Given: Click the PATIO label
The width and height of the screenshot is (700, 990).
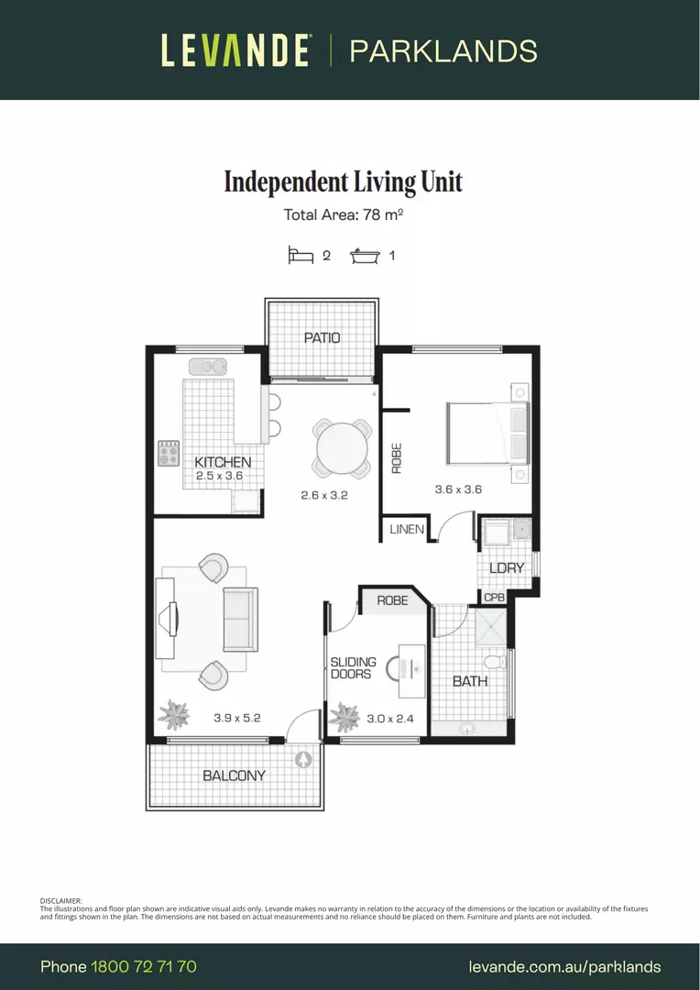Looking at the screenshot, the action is [322, 337].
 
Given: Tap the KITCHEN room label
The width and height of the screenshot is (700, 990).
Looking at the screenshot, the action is [223, 462].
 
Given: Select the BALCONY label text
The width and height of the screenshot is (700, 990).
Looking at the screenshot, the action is [235, 775].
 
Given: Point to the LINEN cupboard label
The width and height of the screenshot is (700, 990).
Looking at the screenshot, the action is [407, 529].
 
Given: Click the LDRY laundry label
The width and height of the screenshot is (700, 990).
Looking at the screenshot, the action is [507, 567].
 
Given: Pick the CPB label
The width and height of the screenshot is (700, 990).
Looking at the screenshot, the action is [494, 598].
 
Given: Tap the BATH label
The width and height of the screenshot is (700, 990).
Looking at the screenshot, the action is [470, 681].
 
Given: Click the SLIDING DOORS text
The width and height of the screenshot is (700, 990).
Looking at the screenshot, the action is [353, 668].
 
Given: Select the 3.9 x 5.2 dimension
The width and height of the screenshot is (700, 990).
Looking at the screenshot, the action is [236, 718].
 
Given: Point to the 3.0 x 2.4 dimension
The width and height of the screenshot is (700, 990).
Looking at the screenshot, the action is [390, 719].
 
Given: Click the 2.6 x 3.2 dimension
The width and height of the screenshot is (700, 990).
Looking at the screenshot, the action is [323, 495].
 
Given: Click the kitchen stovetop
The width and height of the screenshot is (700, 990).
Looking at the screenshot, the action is [169, 453].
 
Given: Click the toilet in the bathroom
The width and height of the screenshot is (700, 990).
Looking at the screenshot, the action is [495, 662].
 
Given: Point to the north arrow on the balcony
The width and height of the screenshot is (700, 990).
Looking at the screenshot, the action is [303, 760].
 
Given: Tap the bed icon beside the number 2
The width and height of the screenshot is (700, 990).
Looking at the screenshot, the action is [301, 255].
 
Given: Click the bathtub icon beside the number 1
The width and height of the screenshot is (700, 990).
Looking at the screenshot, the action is [366, 256].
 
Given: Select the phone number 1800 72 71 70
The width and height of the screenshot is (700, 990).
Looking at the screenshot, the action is [144, 967].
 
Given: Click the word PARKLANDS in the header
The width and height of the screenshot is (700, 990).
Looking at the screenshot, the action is [443, 51].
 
